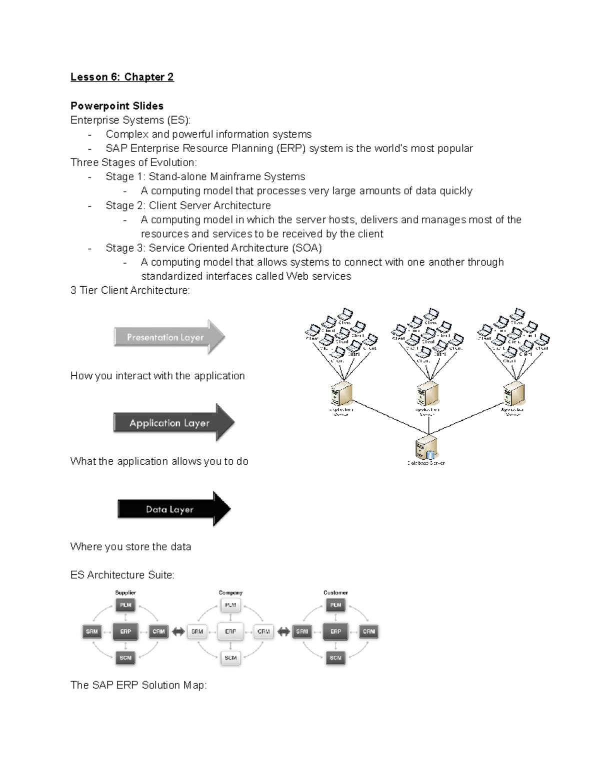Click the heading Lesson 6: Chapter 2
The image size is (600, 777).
pyautogui.click(x=122, y=77)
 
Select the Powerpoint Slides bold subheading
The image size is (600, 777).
pyautogui.click(x=117, y=106)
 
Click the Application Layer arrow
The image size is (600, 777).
pyautogui.click(x=173, y=423)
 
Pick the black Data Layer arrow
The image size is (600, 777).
pyautogui.click(x=173, y=509)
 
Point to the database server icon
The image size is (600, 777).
pyautogui.click(x=426, y=447)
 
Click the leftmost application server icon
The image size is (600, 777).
pyautogui.click(x=341, y=394)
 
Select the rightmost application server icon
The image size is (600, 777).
pyautogui.click(x=513, y=394)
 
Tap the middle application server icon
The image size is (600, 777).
pyautogui.click(x=427, y=394)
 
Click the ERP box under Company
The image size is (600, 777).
pyautogui.click(x=230, y=631)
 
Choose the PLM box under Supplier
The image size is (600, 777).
pyautogui.click(x=125, y=605)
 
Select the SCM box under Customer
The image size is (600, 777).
pyautogui.click(x=335, y=658)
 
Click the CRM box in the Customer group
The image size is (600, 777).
pyautogui.click(x=369, y=631)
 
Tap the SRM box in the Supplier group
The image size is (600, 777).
pyautogui.click(x=92, y=631)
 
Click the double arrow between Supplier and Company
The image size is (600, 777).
pyautogui.click(x=178, y=632)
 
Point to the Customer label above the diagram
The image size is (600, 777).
pyautogui.click(x=335, y=593)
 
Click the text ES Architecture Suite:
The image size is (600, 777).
pyautogui.click(x=122, y=575)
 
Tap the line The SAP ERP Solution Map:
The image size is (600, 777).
pyautogui.click(x=138, y=685)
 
